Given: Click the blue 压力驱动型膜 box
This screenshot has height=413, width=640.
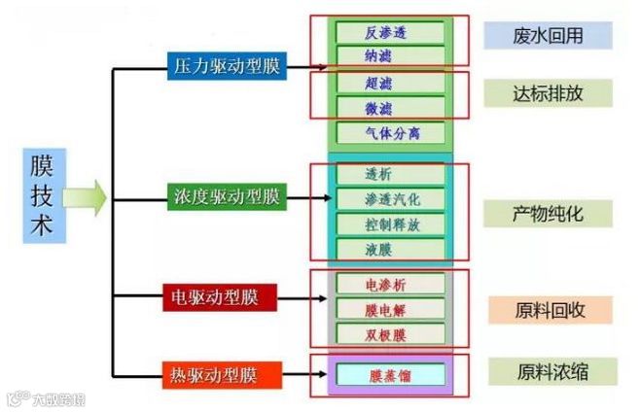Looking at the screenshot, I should point(226,68).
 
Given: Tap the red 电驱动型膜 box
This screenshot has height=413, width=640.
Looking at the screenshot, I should point(220,295).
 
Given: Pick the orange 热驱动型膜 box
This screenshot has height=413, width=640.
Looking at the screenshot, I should point(223,373).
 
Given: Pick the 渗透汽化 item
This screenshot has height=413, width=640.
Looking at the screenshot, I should point(390,199).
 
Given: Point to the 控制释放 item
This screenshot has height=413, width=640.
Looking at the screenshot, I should point(390,224).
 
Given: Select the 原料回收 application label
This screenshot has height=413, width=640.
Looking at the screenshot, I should point(550,310).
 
